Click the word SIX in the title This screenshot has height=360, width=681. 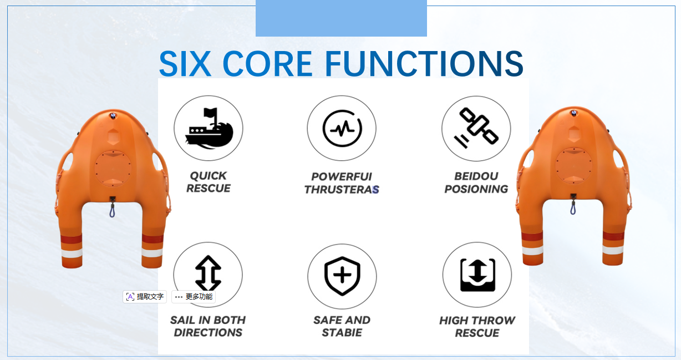click(185, 64)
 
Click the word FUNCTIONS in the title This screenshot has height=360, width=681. click(424, 64)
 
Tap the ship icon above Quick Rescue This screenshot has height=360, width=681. click(209, 128)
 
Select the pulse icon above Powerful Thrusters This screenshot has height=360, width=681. click(342, 128)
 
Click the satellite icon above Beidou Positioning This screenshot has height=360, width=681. click(476, 128)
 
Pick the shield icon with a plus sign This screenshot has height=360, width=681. click(342, 276)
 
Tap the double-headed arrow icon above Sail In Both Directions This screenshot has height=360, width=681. click(208, 273)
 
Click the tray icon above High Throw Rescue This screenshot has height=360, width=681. click(477, 275)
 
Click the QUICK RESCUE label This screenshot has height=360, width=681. click(209, 182)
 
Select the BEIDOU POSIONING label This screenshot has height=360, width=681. click(476, 182)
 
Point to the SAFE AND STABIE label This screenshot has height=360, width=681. click(342, 326)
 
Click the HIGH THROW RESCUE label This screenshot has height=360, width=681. click(477, 327)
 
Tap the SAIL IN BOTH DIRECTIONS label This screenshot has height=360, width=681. click(208, 326)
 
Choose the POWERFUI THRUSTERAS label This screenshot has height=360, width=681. click(342, 183)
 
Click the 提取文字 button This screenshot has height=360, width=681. click(145, 296)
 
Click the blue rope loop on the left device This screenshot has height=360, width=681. click(112, 210)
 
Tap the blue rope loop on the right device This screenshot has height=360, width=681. click(573, 207)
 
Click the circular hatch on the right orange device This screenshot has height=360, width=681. click(573, 166)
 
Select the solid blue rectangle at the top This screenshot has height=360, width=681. click(341, 18)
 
